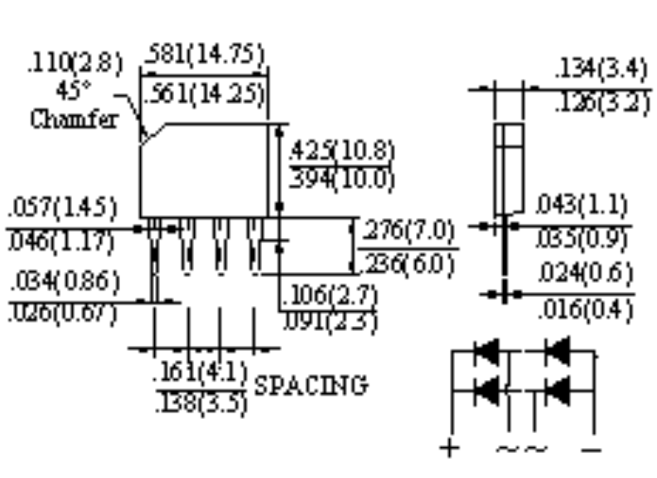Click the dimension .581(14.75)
[x=205, y=57]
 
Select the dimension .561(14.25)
[x=205, y=94]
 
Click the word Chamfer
[x=74, y=119]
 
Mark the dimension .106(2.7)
[x=329, y=295]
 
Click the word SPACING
[x=310, y=385]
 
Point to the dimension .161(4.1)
[x=201, y=374]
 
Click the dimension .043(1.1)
[x=581, y=204]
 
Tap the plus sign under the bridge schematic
[x=449, y=449]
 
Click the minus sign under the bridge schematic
[x=592, y=449]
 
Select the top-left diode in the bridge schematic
[x=486, y=353]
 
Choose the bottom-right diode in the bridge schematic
[x=558, y=388]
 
